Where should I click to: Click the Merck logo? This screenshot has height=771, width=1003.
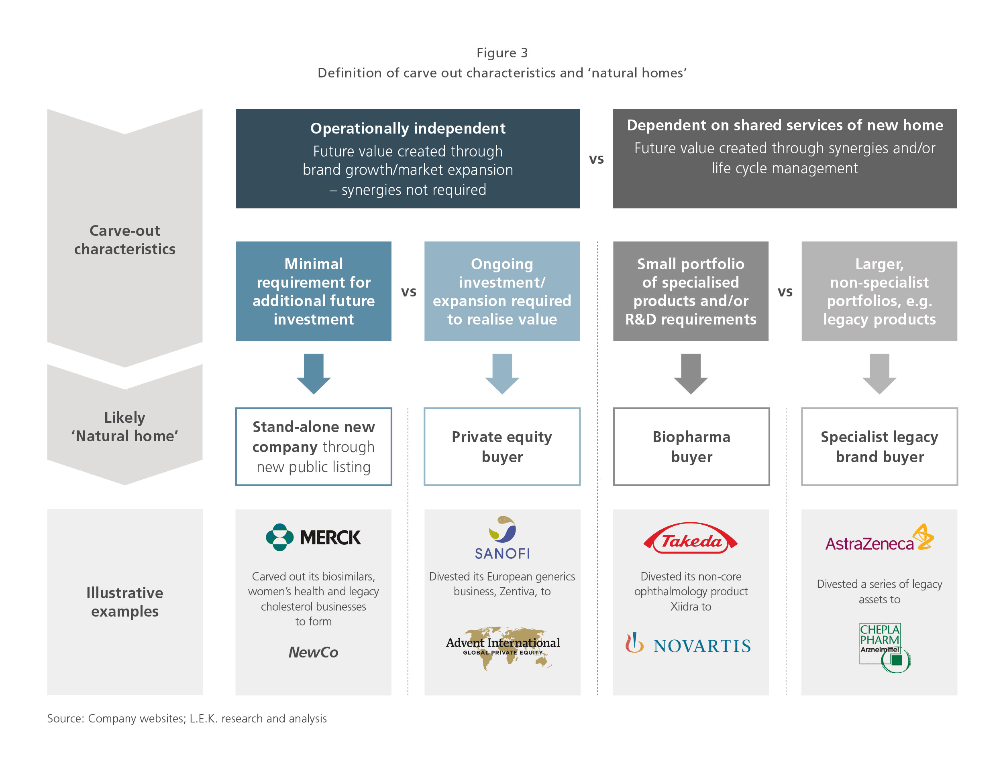coord(313,537)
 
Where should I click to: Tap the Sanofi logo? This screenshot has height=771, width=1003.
coord(502,538)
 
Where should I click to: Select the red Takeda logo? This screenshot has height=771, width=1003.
coord(690,538)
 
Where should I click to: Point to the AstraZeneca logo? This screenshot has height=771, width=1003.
coord(879,538)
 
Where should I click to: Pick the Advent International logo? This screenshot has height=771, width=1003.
coord(503,647)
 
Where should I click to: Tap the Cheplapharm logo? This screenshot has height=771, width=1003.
coord(885,647)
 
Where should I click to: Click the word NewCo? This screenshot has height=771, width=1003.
coord(313,652)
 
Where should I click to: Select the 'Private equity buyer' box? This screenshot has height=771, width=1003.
coord(502,446)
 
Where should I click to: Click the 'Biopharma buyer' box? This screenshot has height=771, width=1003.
coord(691,446)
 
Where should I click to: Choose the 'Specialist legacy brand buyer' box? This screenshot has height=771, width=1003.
coord(879,446)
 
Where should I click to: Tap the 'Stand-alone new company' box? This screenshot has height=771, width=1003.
coord(314,446)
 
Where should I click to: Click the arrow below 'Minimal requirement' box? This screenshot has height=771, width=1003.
coord(314,373)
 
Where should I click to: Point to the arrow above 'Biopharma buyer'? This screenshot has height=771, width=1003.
coord(691,373)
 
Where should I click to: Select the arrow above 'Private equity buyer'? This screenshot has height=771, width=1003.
coord(502,373)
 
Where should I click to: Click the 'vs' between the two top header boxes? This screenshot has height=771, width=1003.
coord(596,159)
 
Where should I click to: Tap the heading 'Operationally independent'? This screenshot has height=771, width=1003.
coord(408,128)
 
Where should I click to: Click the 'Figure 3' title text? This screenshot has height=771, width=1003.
coord(502,53)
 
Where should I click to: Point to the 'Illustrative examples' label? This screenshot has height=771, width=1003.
coord(125,602)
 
